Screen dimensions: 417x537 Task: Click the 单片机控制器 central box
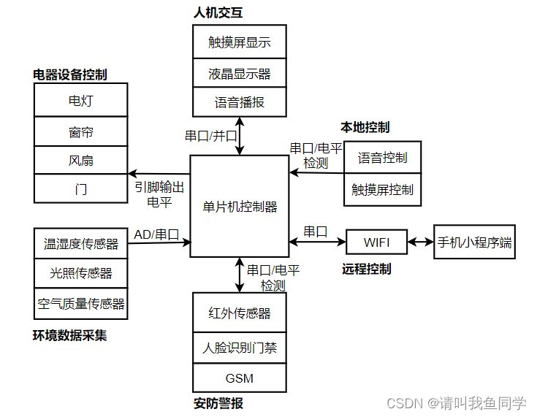240,206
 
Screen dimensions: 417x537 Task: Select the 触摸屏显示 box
240,42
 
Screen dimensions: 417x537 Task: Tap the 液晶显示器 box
240,73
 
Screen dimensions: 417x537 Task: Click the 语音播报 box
240,102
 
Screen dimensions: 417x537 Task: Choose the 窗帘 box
80,132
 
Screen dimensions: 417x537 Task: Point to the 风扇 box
80,161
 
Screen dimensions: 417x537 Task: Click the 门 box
80,189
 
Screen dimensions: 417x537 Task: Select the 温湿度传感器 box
80,244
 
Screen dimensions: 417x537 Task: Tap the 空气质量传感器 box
80,303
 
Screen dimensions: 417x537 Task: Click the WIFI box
377,242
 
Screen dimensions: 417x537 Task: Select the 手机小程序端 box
474,242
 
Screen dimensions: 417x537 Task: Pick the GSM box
240,378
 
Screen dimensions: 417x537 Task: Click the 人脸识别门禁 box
240,348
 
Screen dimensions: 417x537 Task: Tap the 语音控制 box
382,157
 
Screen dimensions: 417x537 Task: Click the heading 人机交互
218,12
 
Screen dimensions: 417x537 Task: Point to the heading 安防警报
218,403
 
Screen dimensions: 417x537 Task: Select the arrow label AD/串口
156,234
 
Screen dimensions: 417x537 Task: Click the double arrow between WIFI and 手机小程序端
421,242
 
